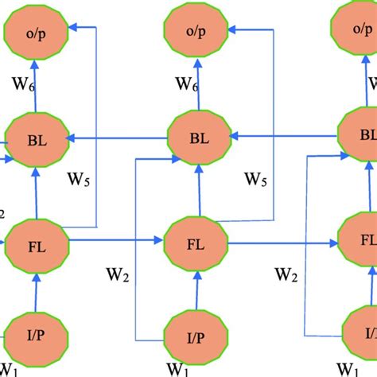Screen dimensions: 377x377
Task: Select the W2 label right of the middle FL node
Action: point(288,278)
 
